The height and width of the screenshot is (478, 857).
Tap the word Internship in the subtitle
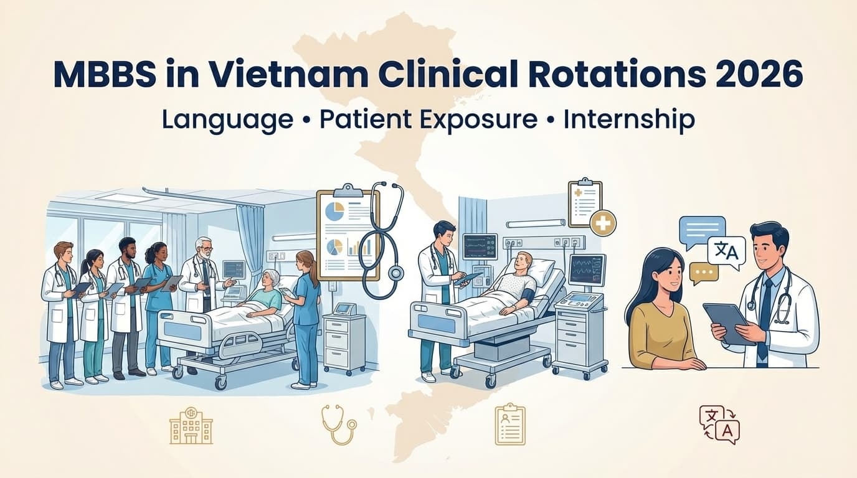click(x=629, y=119)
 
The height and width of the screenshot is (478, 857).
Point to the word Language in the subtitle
click(x=227, y=119)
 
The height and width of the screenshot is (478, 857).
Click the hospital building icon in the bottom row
click(x=191, y=425)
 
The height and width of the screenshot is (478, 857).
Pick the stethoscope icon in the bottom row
click(x=339, y=424)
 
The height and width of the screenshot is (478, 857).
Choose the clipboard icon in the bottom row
click(x=510, y=424)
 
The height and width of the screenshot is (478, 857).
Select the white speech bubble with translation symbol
click(x=726, y=252)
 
